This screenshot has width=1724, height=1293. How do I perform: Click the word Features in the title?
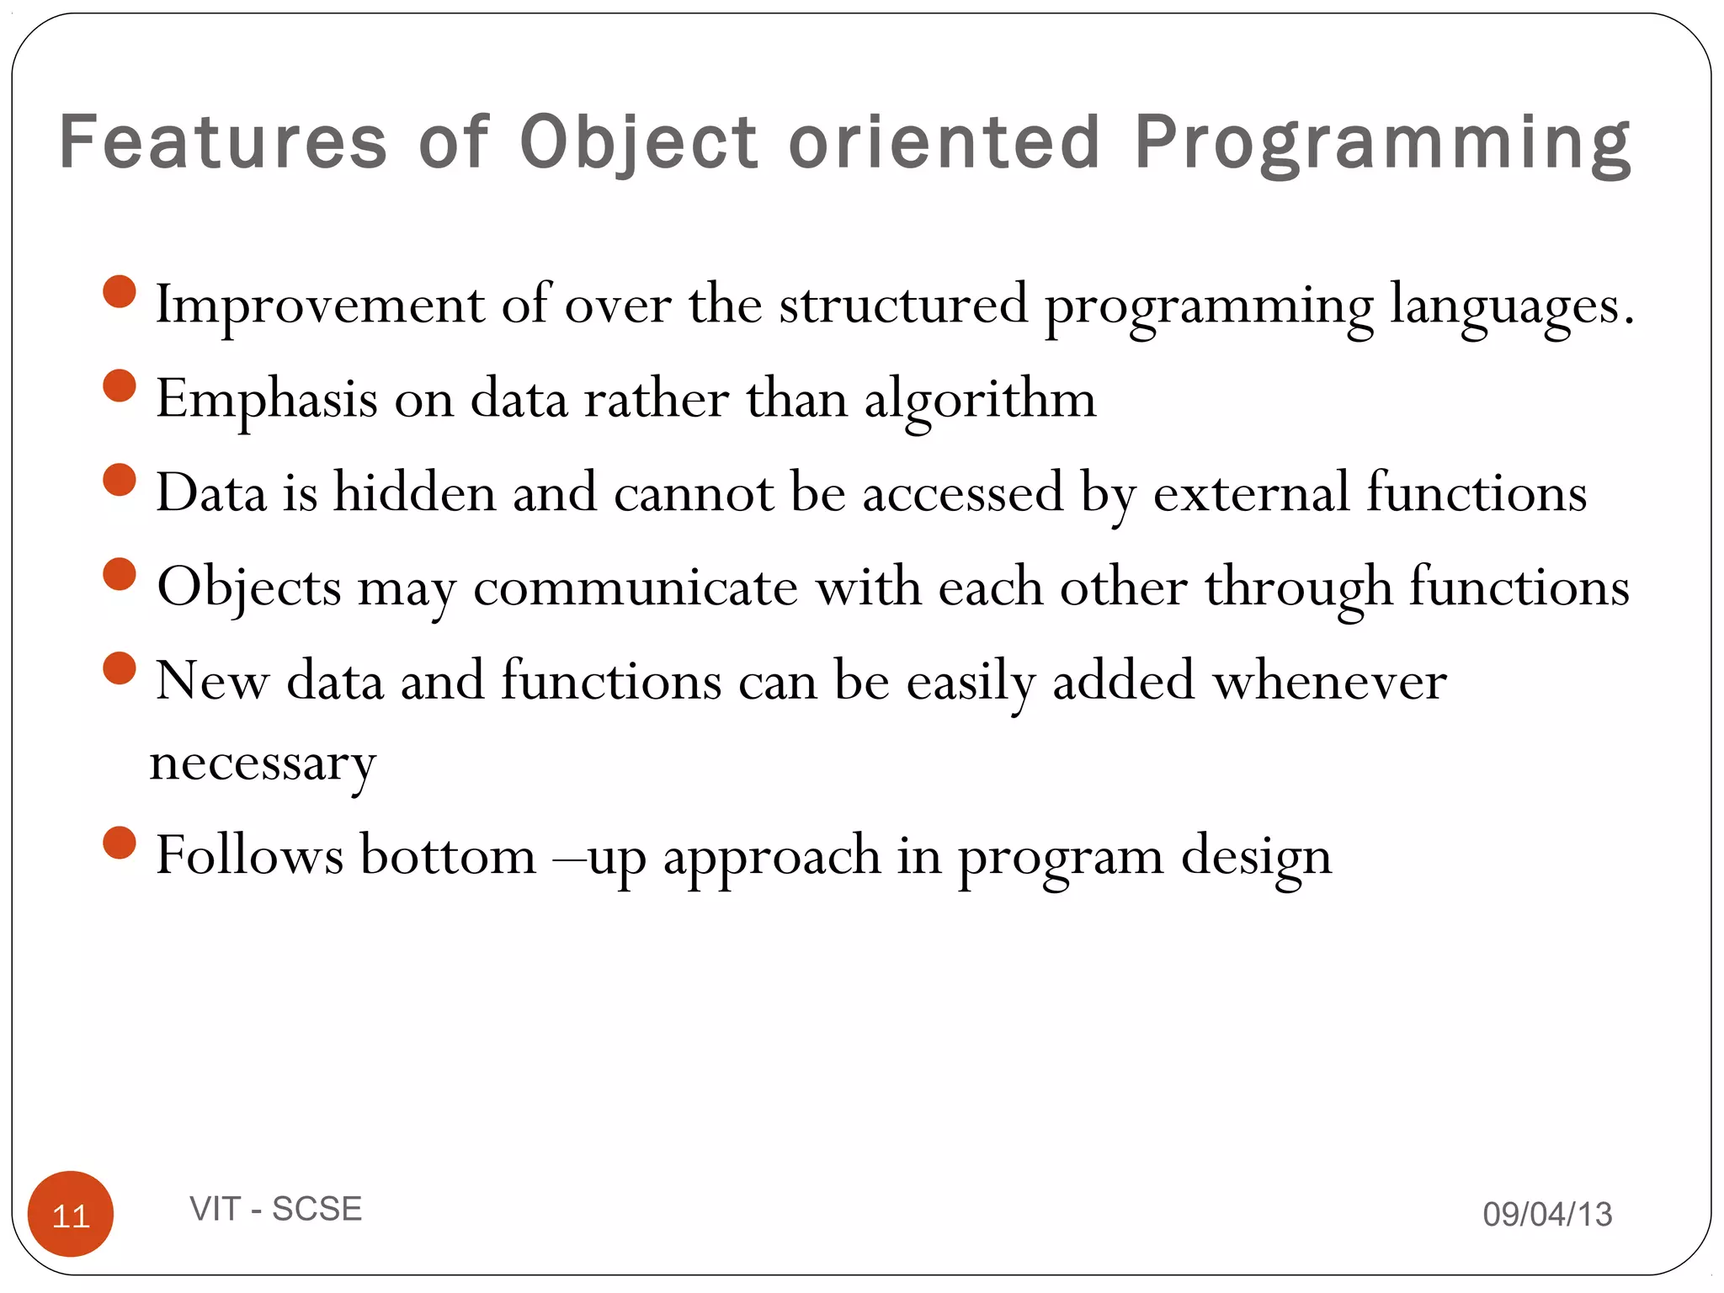223,141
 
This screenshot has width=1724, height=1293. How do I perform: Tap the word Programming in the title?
1382,141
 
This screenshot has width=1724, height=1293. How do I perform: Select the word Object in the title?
640,141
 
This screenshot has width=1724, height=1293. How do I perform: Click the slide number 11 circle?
71,1214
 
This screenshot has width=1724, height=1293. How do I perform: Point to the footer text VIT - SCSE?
276,1209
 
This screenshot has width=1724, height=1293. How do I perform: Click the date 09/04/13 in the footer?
1547,1214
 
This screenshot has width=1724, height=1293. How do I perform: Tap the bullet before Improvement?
120,292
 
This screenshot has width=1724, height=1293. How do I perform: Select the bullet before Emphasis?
120,386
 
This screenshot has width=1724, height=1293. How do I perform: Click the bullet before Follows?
120,843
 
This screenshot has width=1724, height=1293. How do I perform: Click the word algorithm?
980,400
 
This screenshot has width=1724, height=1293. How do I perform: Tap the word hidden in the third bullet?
414,492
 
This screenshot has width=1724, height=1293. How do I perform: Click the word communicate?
635,587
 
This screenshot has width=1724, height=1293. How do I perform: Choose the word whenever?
1329,681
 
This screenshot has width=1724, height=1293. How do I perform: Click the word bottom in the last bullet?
448,856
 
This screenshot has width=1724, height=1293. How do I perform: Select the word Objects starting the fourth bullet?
249,587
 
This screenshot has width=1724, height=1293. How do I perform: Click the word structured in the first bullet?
903,305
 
